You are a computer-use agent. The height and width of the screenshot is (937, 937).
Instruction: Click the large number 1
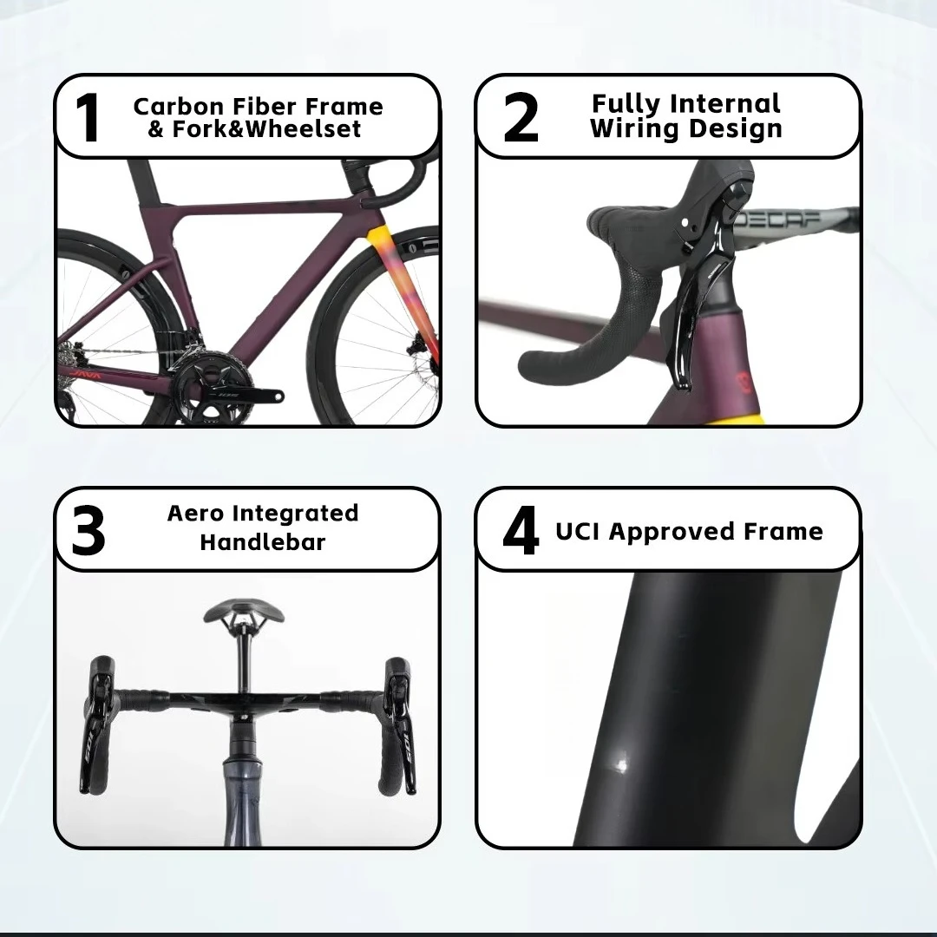coord(87,118)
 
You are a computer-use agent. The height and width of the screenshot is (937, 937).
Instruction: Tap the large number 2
coord(521,118)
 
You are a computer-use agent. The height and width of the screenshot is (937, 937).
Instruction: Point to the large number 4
coord(521,531)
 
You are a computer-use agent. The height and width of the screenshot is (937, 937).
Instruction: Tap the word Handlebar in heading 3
coord(262,542)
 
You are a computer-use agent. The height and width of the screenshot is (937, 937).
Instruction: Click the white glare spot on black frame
coord(620,762)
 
